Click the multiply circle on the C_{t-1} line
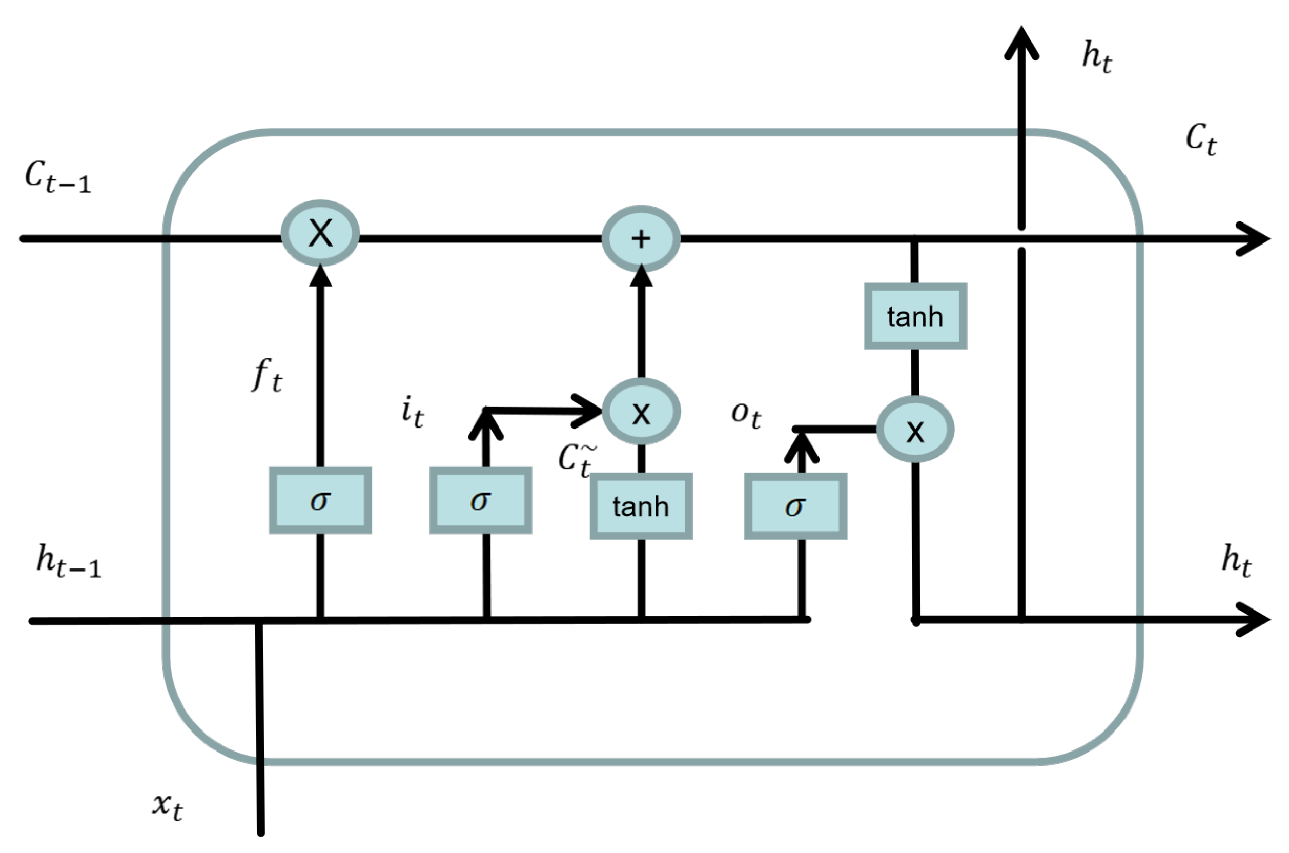(x=320, y=233)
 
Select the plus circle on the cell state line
(x=641, y=238)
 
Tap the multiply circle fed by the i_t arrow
(x=641, y=412)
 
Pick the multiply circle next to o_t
(x=915, y=430)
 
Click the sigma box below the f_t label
(x=320, y=500)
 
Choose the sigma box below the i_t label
(x=480, y=500)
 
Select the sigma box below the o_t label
(x=795, y=506)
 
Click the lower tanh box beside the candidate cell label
(x=641, y=506)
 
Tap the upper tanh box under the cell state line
(x=915, y=316)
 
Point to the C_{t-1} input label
(x=57, y=178)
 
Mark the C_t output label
(x=1200, y=139)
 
